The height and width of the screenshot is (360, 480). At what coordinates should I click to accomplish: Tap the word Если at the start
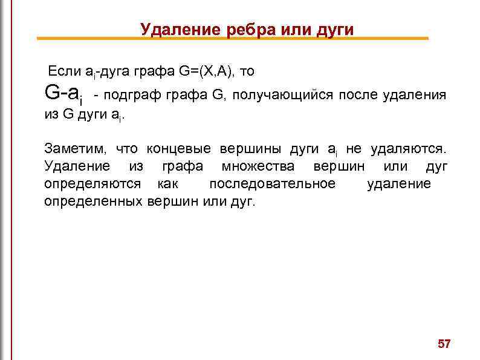coord(65,71)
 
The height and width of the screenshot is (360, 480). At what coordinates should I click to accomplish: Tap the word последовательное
coord(271,183)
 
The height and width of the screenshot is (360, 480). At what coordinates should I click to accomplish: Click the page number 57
coord(444,344)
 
